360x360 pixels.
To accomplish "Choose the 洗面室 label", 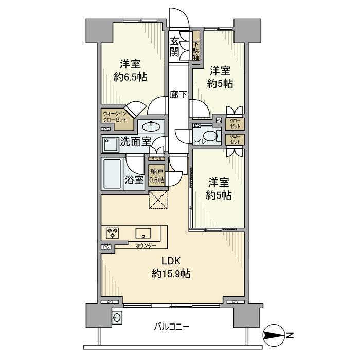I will pos(136,142).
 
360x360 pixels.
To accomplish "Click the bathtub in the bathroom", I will pos(113,174).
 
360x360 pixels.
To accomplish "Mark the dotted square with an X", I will pos(158,200).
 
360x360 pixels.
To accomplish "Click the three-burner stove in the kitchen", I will pos(113,232).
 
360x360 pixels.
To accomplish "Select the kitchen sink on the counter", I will pos(143,231).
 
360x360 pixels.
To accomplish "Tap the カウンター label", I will pos(147,245).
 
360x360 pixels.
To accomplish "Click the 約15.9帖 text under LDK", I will pos(171,274).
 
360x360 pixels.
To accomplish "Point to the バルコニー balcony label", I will pos(172,327).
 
